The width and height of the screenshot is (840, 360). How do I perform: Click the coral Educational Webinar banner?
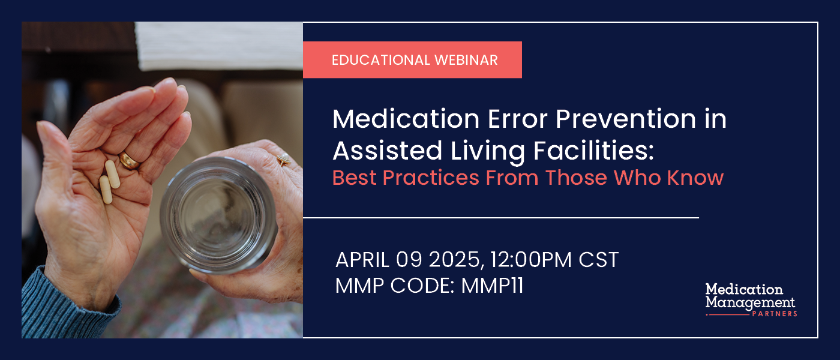coord(412,60)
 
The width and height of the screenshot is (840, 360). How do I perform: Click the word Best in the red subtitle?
coord(352,178)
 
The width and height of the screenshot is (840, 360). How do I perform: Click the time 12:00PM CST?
coord(554,260)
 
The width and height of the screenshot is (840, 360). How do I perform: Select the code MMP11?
coord(492,286)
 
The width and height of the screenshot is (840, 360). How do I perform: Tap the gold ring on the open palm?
coord(130,160)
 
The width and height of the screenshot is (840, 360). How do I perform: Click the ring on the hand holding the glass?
coord(283,160)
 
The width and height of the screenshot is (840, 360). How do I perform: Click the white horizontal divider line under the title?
coord(501,217)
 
